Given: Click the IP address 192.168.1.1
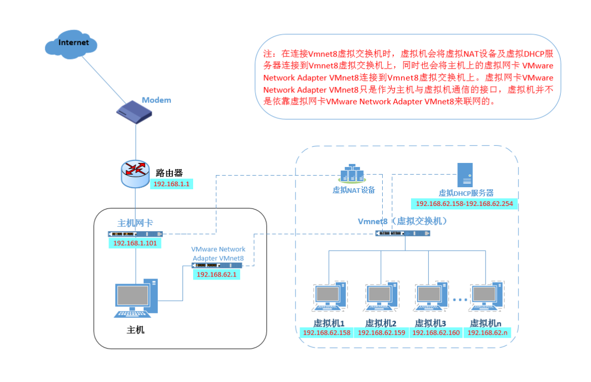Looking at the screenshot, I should pos(171,184).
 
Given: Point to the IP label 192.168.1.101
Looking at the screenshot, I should pos(135,243).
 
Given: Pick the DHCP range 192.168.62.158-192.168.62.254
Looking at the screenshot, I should pos(464,204).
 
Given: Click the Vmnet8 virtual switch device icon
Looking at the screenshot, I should pos(403,233).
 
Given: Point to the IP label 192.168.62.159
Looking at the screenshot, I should pos(381,333).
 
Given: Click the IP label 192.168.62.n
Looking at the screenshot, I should pos(487,333).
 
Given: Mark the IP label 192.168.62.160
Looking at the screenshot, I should pos(436,333).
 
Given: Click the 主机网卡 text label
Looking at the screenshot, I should pos(135,223).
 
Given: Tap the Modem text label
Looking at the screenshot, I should pos(156,100).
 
